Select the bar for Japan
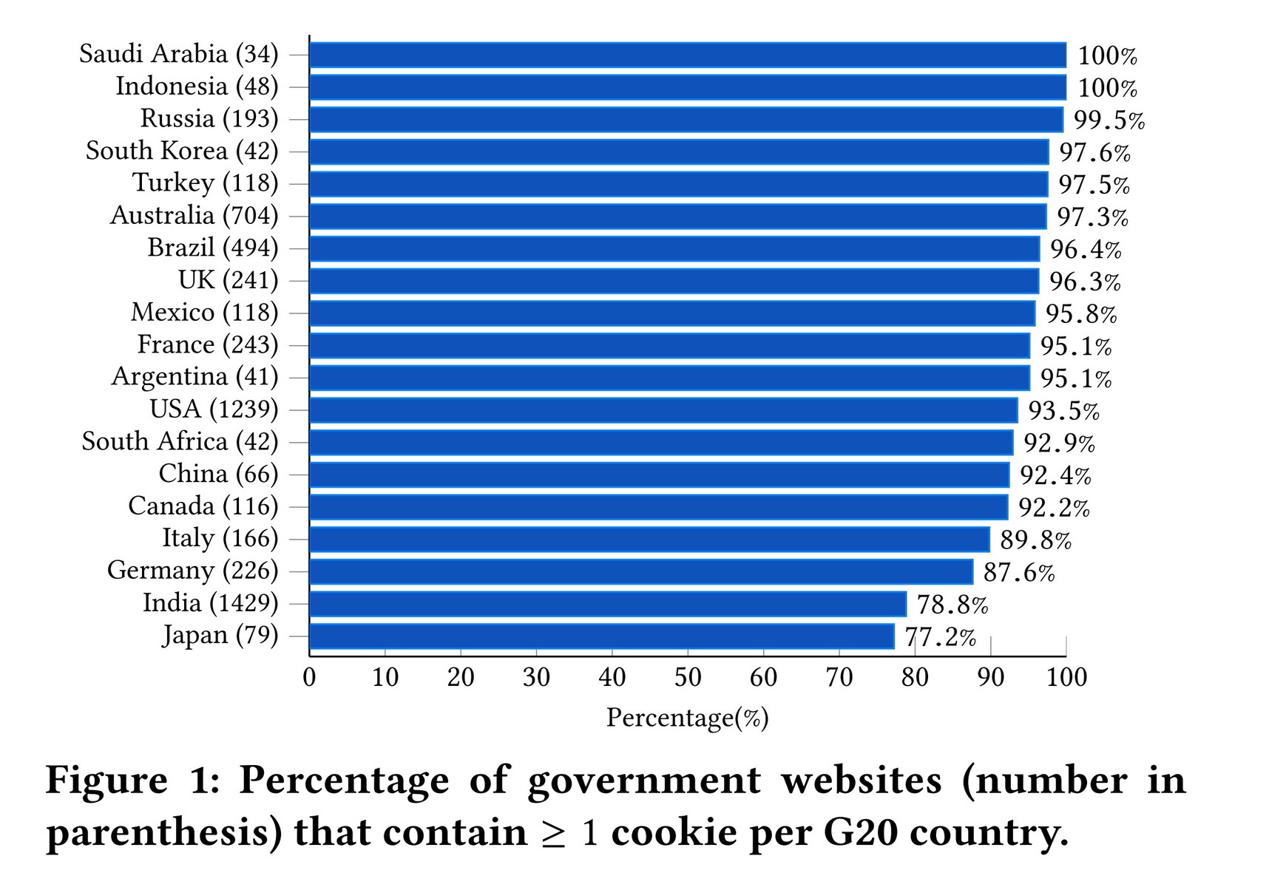click(x=601, y=636)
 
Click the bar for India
click(x=607, y=604)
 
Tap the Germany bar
click(x=640, y=571)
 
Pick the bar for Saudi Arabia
click(x=688, y=55)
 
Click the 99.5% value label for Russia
click(x=1109, y=120)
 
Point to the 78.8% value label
click(x=952, y=605)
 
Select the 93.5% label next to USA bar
click(x=1063, y=411)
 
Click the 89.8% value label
click(x=1035, y=540)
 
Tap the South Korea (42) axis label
click(x=182, y=151)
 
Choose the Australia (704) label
click(x=194, y=215)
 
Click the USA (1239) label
click(x=214, y=409)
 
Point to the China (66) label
click(x=218, y=473)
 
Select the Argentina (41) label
click(x=194, y=377)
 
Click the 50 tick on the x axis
click(x=688, y=677)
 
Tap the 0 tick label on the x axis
click(x=309, y=677)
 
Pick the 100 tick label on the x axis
click(x=1066, y=677)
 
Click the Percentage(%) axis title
click(x=687, y=718)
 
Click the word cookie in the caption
click(x=676, y=833)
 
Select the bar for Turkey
click(x=678, y=184)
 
